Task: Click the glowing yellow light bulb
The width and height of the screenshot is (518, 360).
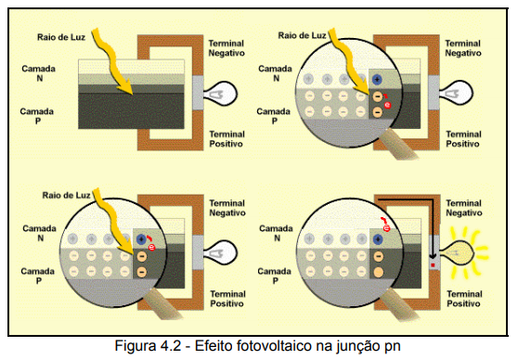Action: pyautogui.click(x=458, y=253)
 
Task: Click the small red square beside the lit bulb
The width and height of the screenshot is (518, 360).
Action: pyautogui.click(x=433, y=265)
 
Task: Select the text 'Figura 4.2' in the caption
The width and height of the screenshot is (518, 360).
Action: pyautogui.click(x=148, y=346)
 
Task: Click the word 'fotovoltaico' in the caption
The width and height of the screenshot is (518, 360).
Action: pyautogui.click(x=273, y=346)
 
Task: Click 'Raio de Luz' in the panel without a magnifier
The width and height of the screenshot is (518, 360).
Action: pyautogui.click(x=61, y=37)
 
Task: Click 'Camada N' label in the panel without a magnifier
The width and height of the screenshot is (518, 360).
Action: pyautogui.click(x=39, y=73)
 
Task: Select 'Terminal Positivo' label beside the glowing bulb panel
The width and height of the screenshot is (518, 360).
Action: pyautogui.click(x=464, y=299)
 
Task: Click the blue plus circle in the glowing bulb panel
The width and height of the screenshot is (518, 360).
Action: pyautogui.click(x=378, y=239)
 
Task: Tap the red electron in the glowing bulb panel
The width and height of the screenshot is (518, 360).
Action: pyautogui.click(x=386, y=228)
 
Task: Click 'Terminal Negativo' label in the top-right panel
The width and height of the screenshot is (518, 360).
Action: pyautogui.click(x=463, y=48)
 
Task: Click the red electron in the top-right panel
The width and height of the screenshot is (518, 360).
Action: pyautogui.click(x=387, y=105)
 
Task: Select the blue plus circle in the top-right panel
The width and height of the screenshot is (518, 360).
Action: pyautogui.click(x=377, y=79)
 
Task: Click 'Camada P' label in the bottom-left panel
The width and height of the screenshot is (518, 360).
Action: pyautogui.click(x=38, y=276)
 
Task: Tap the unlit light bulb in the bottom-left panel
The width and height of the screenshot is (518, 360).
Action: pyautogui.click(x=220, y=252)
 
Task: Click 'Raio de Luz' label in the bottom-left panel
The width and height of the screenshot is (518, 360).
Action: pyautogui.click(x=67, y=196)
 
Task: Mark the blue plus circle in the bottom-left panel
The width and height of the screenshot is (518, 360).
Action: pyautogui.click(x=141, y=238)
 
